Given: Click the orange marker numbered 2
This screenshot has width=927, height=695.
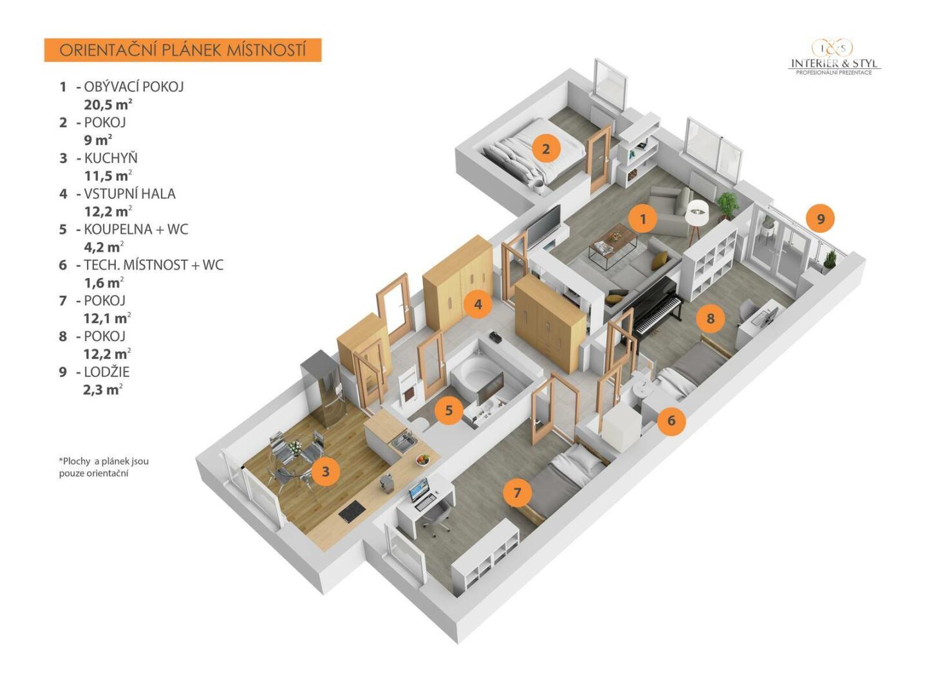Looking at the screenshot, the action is (546, 149).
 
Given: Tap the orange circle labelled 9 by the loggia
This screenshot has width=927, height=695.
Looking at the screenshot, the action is (820, 219).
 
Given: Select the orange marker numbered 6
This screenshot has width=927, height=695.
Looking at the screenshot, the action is (671, 420).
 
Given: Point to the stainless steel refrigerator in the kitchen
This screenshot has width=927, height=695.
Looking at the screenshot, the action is (323, 391).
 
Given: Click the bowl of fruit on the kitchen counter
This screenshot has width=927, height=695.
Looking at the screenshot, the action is (422, 459).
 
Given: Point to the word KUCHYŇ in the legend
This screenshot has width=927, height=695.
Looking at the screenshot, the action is (111, 158).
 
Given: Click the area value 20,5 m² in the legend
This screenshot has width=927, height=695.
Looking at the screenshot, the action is (108, 104).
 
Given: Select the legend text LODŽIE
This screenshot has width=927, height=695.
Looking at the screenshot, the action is (107, 372).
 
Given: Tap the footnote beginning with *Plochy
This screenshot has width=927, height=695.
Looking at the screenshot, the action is (104, 467).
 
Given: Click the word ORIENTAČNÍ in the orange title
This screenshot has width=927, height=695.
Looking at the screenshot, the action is (108, 50).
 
